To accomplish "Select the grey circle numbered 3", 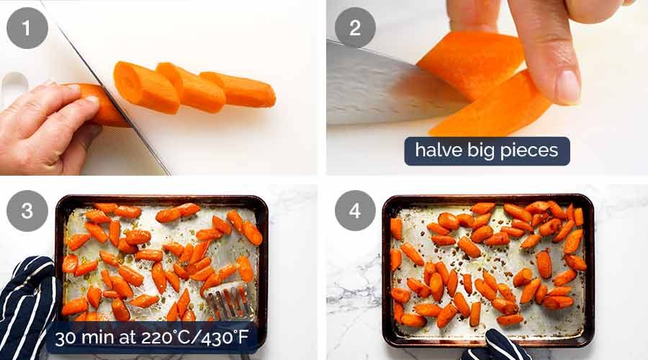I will click(x=27, y=210).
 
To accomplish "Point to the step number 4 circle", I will click(x=355, y=210).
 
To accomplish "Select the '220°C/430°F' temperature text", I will click(x=193, y=337).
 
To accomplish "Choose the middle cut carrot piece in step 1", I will click(x=191, y=87).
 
